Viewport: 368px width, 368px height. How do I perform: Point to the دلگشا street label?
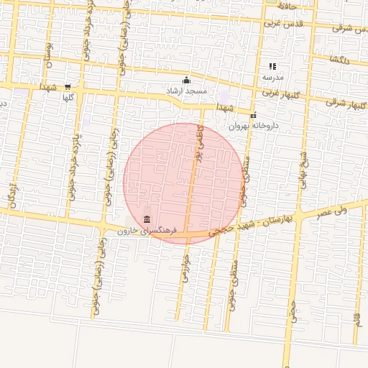pyautogui.click(x=337, y=59)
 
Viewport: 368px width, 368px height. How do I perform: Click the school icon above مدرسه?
pyautogui.click(x=273, y=66)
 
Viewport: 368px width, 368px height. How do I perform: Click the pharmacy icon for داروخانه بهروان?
pyautogui.click(x=253, y=115)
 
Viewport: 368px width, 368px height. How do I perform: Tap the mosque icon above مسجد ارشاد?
pyautogui.click(x=187, y=80)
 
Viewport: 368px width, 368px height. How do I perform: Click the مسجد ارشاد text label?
pyautogui.click(x=186, y=91)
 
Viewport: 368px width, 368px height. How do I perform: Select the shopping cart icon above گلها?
pyautogui.click(x=68, y=87)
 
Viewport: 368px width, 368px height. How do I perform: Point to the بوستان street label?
pyautogui.click(x=49, y=55)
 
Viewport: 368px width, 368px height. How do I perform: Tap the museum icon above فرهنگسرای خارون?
pyautogui.click(x=147, y=219)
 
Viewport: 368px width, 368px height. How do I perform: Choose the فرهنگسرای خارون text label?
pyautogui.click(x=147, y=231)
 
